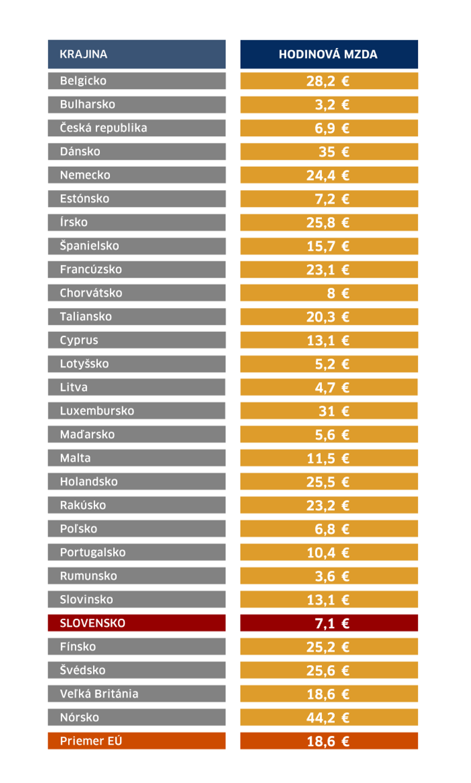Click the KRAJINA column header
(137, 54)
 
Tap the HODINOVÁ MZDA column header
(329, 54)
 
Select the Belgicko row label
(137, 81)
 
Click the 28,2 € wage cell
(329, 81)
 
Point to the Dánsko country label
(137, 152)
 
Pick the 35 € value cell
(329, 152)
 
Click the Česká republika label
(137, 128)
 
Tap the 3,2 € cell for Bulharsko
(329, 105)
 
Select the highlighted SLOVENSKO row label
(137, 623)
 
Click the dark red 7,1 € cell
(329, 623)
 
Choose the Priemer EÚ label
(137, 741)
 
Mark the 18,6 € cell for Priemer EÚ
(329, 741)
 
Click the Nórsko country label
(137, 718)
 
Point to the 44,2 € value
(329, 718)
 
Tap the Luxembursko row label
(137, 411)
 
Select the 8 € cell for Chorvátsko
(329, 293)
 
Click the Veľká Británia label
(137, 694)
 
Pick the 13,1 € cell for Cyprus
(329, 340)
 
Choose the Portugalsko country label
(137, 552)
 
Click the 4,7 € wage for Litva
(329, 387)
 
